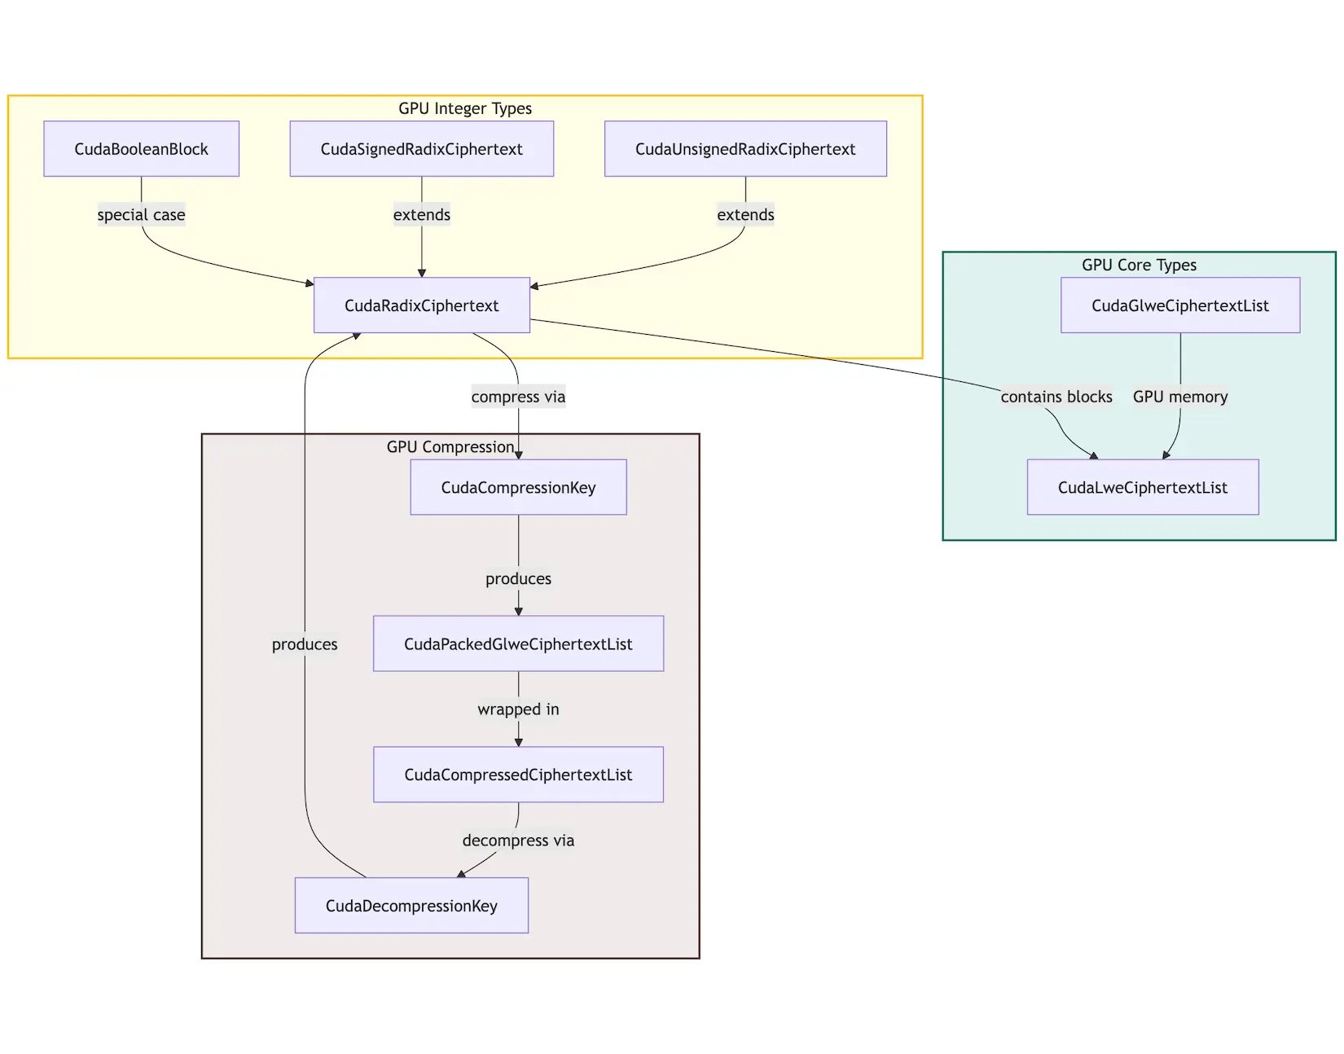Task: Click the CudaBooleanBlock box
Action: pos(141,149)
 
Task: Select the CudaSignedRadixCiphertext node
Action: pos(421,149)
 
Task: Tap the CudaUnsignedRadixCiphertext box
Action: pos(745,149)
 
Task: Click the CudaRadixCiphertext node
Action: pos(421,305)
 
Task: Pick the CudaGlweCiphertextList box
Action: pos(1179,305)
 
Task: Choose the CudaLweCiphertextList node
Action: pos(1142,487)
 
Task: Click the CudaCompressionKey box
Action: pos(518,487)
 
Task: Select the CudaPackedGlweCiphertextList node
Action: pos(518,643)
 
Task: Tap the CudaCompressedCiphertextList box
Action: pos(518,775)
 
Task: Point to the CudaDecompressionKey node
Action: pos(411,906)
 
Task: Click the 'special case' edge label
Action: pos(141,215)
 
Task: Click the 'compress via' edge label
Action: pos(518,397)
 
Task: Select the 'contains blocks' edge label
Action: pos(1056,397)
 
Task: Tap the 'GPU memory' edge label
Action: pos(1179,397)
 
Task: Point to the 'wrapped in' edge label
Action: pos(518,709)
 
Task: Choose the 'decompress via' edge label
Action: pos(518,841)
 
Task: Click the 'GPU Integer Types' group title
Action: pos(464,108)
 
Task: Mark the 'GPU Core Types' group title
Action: pos(1139,265)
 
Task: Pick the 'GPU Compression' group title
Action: pos(450,447)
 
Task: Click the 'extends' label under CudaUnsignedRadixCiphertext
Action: pos(745,215)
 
